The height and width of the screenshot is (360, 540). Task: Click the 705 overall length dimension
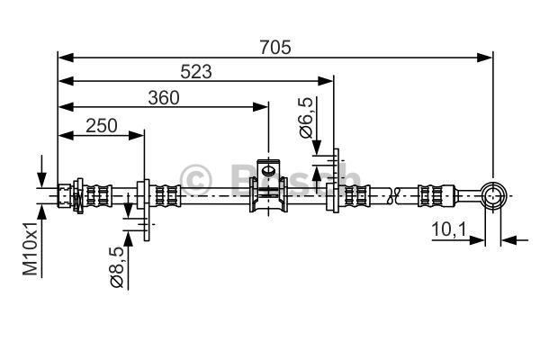pyautogui.click(x=275, y=47)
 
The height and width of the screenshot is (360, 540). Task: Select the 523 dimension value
pyautogui.click(x=196, y=72)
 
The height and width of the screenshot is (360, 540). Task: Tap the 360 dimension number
pyautogui.click(x=164, y=98)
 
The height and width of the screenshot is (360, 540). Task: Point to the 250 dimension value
pyautogui.click(x=101, y=126)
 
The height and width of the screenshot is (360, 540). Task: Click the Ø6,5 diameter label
pyautogui.click(x=306, y=118)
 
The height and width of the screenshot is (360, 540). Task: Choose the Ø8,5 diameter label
pyautogui.click(x=116, y=266)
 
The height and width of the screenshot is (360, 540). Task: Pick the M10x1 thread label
pyautogui.click(x=30, y=248)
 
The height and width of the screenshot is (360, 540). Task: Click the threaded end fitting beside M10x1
pyautogui.click(x=65, y=195)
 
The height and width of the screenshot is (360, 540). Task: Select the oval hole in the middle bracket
pyautogui.click(x=268, y=170)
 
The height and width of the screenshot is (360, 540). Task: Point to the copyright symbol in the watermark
pyautogui.click(x=195, y=179)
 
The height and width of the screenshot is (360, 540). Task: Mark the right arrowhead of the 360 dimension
pyautogui.click(x=260, y=107)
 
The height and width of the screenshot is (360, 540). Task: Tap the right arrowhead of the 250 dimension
pyautogui.click(x=136, y=135)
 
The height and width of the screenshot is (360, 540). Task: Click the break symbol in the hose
pyautogui.click(x=393, y=195)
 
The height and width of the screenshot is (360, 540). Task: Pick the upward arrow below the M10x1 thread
pyautogui.click(x=41, y=240)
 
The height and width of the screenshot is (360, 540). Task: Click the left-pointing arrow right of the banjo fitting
pyautogui.click(x=514, y=240)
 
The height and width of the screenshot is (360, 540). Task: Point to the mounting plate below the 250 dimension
pyautogui.click(x=147, y=210)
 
